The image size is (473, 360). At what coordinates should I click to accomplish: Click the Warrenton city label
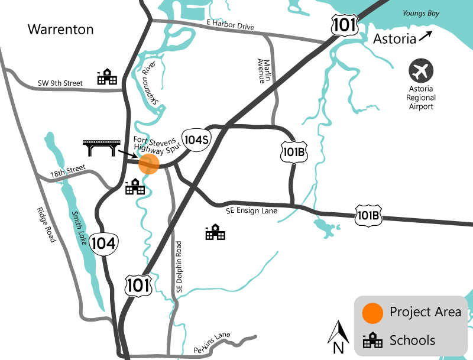[x=61, y=28]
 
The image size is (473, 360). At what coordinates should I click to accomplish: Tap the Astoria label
[x=394, y=40]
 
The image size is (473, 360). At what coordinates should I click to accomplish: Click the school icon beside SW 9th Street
[x=108, y=77]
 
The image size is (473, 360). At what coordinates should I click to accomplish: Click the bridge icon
[x=99, y=147]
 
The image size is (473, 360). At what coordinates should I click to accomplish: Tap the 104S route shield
[x=196, y=140]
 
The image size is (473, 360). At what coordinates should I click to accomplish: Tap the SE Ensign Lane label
[x=251, y=209]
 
